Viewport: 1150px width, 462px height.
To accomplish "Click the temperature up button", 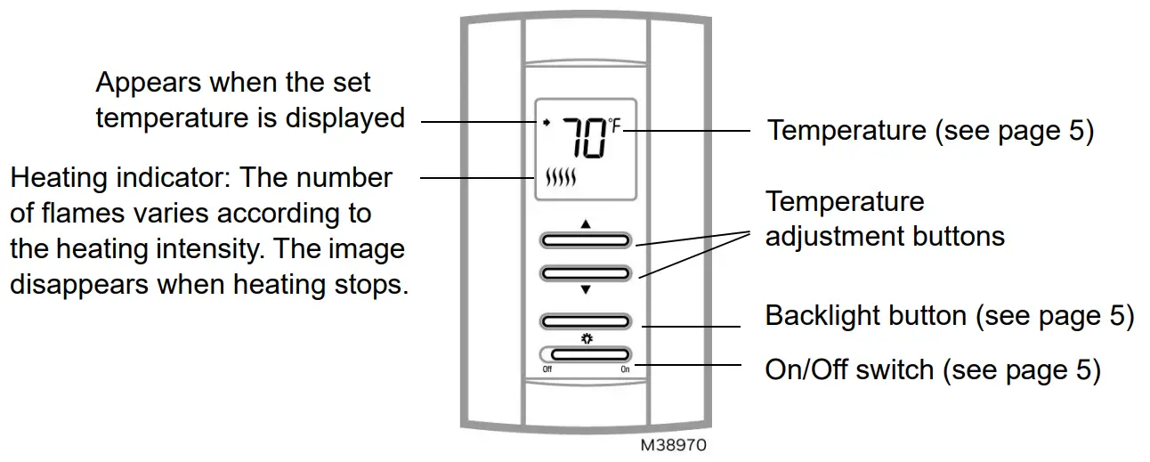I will click(585, 240).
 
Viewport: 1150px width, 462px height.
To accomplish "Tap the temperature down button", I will click(585, 272).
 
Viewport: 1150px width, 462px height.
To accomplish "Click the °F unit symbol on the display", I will click(614, 126).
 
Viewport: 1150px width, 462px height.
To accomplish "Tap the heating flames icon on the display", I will click(561, 178).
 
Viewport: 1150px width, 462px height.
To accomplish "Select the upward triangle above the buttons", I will click(585, 223).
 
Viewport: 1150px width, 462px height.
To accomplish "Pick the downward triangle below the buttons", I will click(585, 289).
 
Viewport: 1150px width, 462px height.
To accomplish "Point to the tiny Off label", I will click(547, 369).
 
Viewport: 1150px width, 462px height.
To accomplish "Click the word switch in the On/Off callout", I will click(891, 369).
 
